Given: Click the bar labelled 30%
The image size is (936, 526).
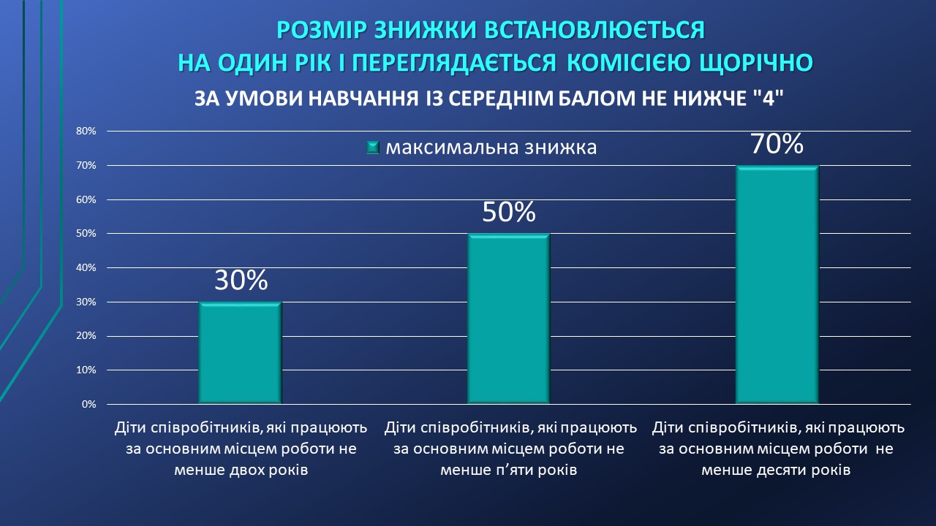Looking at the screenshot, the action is [240, 353].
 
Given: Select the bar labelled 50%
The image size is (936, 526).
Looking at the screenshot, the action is [508, 319].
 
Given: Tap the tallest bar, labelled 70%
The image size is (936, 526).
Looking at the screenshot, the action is [777, 285].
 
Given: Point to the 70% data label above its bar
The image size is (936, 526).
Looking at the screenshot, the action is [777, 144].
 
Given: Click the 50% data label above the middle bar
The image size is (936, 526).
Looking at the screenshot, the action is [508, 212].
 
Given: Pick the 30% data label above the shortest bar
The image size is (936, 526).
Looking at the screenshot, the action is [241, 280].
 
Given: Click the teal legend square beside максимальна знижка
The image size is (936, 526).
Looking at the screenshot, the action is [373, 148].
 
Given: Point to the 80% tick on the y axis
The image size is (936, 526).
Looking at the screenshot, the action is [86, 131].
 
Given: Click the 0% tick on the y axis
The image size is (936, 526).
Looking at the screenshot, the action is [89, 404].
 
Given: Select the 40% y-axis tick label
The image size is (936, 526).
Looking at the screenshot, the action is [86, 267].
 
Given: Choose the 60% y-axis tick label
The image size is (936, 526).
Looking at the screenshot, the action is [86, 199].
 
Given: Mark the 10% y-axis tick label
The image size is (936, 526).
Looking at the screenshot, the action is [86, 370].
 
